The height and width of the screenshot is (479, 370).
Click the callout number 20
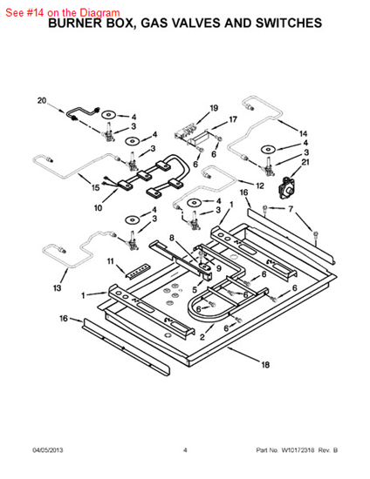tap(41, 101)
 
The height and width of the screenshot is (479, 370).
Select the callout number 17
tap(233, 119)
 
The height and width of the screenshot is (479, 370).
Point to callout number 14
tap(304, 133)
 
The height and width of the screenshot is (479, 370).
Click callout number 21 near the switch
tap(305, 162)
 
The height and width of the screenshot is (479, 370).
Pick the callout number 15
tap(95, 187)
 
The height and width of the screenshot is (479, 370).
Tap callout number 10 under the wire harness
tap(99, 208)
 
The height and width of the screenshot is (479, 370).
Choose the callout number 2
tap(202, 337)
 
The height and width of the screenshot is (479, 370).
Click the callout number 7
tap(292, 209)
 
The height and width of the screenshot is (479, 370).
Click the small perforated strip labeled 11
tap(136, 270)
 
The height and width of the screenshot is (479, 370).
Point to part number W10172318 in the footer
tap(298, 450)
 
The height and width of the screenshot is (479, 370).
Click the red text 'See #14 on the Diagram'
tap(62, 12)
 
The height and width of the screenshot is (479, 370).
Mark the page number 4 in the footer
tap(185, 450)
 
